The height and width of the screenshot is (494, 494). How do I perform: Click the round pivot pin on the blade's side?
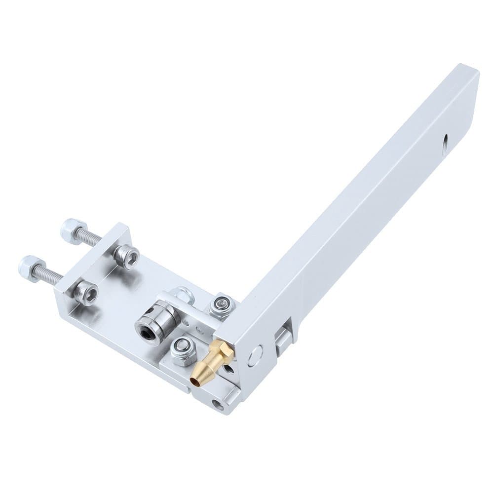(255, 354)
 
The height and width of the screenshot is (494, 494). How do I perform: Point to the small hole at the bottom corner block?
(217, 407)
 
